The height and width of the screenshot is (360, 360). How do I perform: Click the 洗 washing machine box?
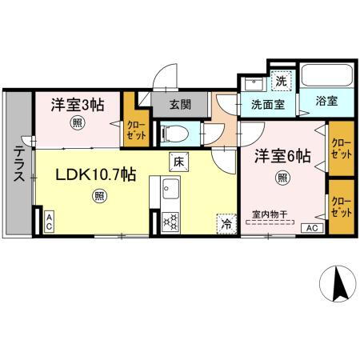pyautogui.click(x=281, y=80)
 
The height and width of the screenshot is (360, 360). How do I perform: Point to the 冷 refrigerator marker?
pyautogui.click(x=226, y=225)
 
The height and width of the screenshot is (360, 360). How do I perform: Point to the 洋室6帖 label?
pyautogui.click(x=282, y=156)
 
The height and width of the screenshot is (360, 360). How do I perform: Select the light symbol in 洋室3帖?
pyautogui.click(x=76, y=122)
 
